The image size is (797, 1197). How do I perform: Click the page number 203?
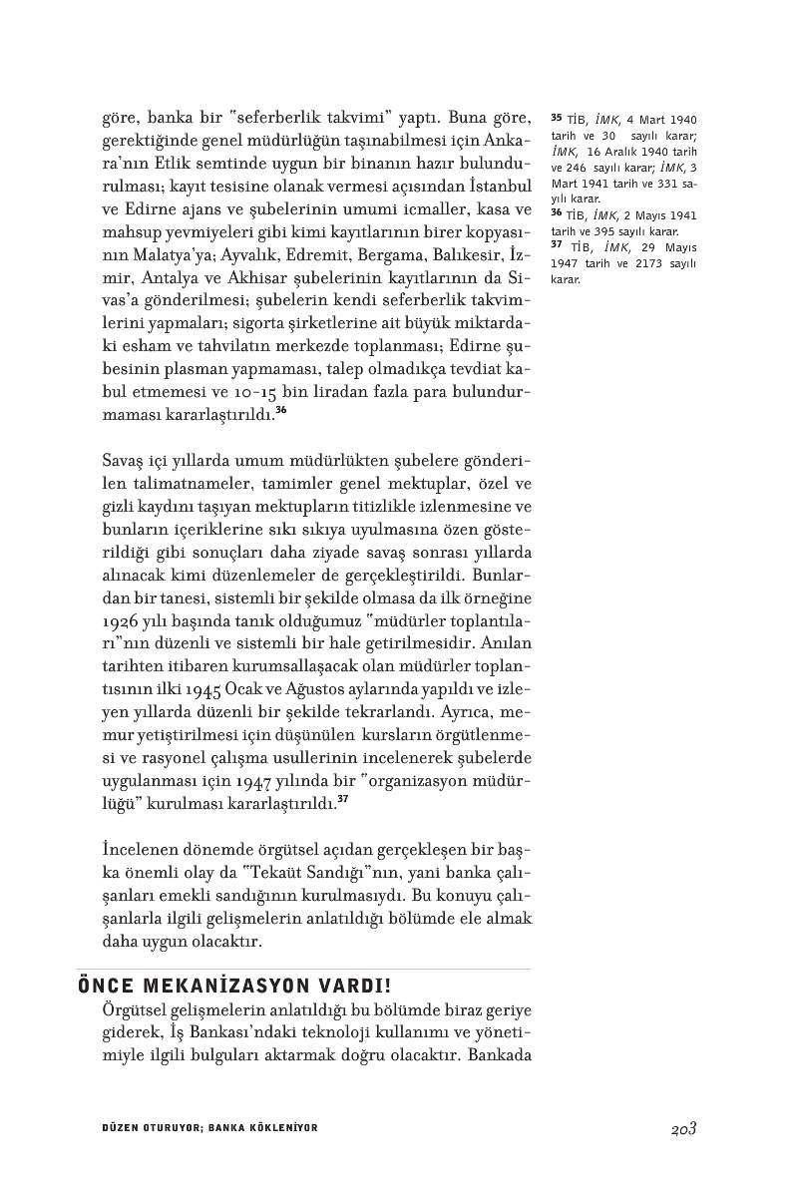683,1128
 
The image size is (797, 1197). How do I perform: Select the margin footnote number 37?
557,246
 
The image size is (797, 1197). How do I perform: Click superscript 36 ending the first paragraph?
281,412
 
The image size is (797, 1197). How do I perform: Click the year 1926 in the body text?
121,620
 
